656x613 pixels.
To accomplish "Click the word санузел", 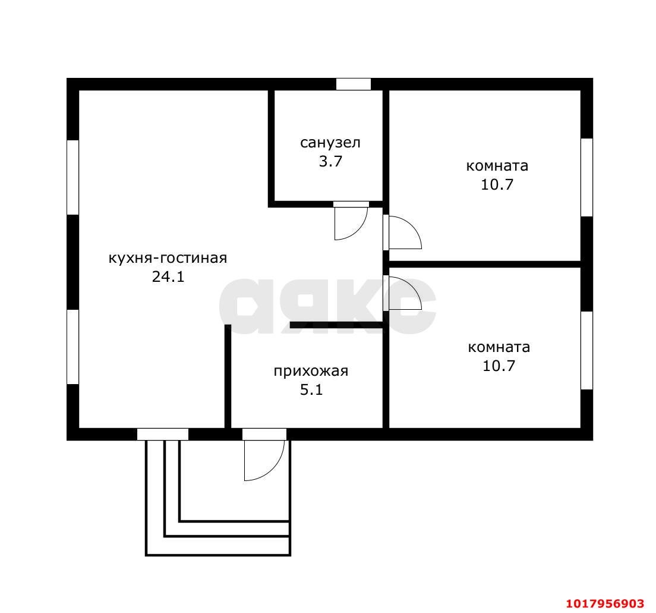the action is pyautogui.click(x=330, y=143).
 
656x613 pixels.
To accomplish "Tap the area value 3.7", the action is pyautogui.click(x=330, y=161).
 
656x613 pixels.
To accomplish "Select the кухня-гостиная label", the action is pyautogui.click(x=168, y=258).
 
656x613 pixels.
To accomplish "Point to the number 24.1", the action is pyautogui.click(x=168, y=276).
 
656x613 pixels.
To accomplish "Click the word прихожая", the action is pyautogui.click(x=311, y=371).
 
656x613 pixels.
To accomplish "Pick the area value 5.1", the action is pyautogui.click(x=311, y=390).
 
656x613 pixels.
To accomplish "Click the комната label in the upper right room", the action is pyautogui.click(x=497, y=166).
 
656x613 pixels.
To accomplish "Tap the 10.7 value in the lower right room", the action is pyautogui.click(x=499, y=366).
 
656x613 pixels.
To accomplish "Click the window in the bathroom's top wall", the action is pyautogui.click(x=354, y=84).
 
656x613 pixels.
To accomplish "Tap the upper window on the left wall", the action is pyautogui.click(x=73, y=177).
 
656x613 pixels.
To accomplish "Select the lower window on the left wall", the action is pyautogui.click(x=73, y=347).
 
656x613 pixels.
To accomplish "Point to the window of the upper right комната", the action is pyautogui.click(x=586, y=177).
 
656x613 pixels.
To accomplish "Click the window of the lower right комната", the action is pyautogui.click(x=586, y=350).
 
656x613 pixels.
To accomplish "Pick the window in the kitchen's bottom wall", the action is pyautogui.click(x=163, y=434).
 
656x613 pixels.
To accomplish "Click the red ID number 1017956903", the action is pyautogui.click(x=605, y=603).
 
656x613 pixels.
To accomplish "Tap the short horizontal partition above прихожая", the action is pyautogui.click(x=337, y=325).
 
